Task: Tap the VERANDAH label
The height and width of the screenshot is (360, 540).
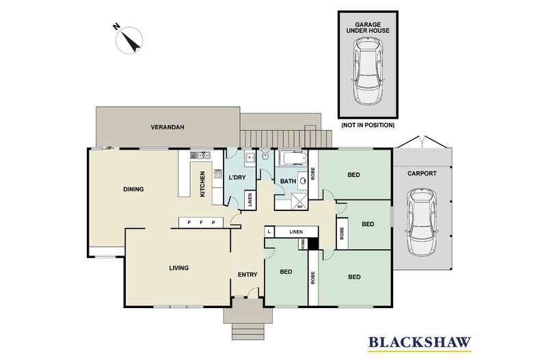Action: point(168,127)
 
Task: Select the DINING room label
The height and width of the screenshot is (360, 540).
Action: point(133,189)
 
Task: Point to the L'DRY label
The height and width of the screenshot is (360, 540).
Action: point(237,178)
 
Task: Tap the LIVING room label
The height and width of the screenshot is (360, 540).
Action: point(179,268)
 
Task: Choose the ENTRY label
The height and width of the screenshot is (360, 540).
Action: point(247,275)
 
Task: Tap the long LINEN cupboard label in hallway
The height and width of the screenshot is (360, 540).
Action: point(295,232)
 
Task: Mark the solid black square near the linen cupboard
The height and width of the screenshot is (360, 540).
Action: point(314,242)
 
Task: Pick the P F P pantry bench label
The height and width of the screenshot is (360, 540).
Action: point(201,222)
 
